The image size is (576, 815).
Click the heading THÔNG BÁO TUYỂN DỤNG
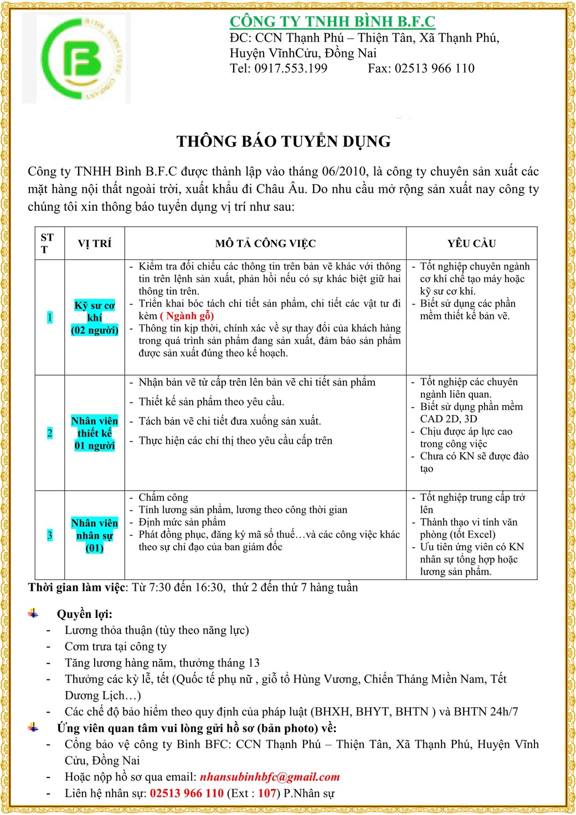[284, 142]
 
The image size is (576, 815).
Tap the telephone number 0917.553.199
[291, 69]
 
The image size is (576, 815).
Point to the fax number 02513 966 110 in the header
[434, 69]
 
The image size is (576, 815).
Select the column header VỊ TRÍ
[94, 243]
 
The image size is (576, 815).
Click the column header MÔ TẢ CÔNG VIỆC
[265, 243]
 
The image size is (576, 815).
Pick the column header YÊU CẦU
[471, 243]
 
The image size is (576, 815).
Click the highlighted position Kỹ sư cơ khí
[95, 318]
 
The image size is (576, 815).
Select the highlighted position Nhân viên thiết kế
[95, 433]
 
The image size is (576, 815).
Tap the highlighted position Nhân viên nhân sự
[95, 535]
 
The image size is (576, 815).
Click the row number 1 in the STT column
[50, 318]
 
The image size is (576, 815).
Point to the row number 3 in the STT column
[50, 535]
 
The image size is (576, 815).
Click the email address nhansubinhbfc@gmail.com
[270, 777]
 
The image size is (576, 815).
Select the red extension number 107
[267, 793]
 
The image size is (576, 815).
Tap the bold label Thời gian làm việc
[78, 588]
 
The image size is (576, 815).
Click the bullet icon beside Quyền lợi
[34, 614]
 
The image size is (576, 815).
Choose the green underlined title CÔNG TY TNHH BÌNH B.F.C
[332, 22]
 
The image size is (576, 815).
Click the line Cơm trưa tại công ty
[115, 647]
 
